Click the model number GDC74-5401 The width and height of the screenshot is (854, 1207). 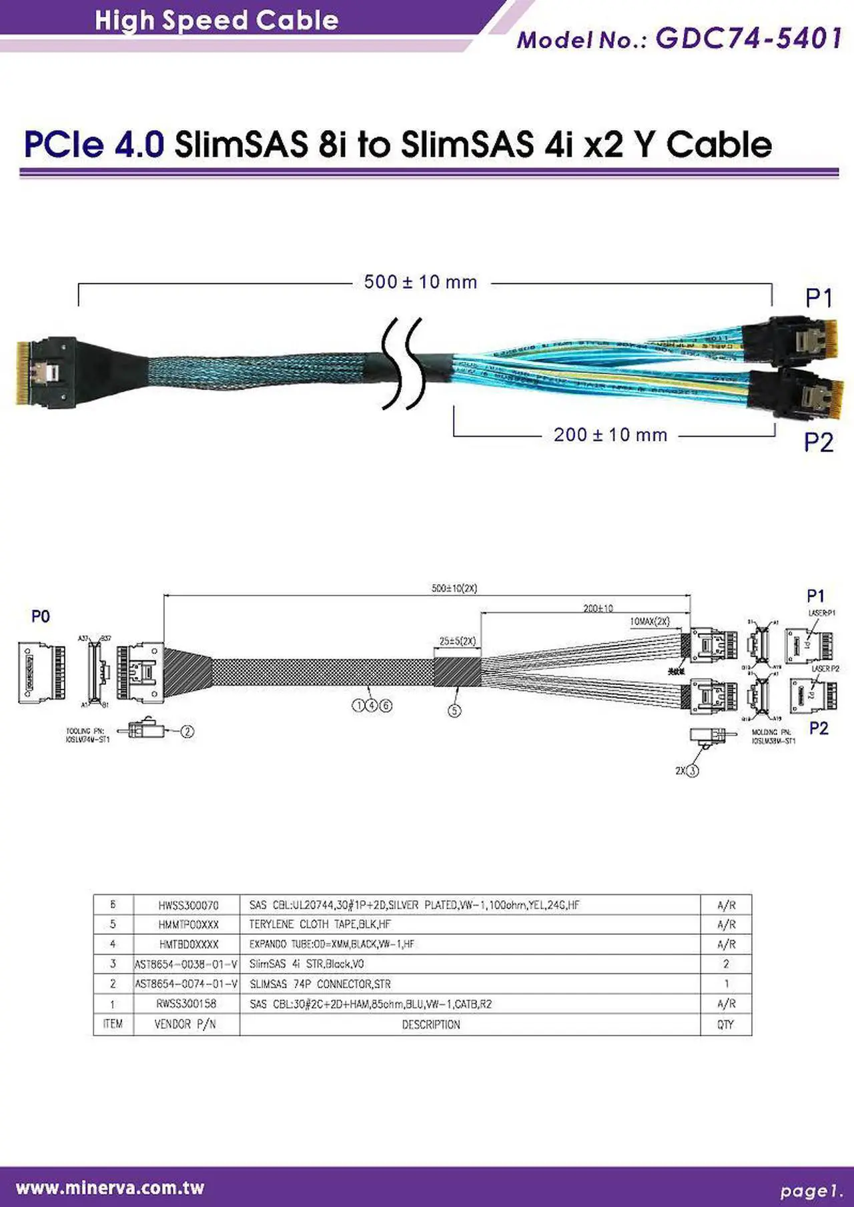749,39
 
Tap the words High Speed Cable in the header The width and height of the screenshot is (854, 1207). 216,20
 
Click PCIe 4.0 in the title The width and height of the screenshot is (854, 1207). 94,144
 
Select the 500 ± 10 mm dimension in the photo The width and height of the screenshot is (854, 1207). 420,282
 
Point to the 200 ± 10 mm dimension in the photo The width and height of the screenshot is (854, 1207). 610,435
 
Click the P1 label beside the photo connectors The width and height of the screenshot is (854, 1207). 819,298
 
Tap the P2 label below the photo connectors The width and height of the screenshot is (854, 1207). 819,442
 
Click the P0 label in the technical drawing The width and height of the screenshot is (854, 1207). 41,616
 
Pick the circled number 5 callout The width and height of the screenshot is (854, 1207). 454,711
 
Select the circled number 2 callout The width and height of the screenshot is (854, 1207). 187,732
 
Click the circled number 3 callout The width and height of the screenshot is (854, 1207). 693,771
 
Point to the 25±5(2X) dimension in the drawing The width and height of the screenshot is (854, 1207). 457,642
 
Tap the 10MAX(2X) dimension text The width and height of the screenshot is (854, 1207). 650,622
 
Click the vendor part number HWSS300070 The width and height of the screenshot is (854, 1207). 188,905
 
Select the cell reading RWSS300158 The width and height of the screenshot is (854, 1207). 187,1004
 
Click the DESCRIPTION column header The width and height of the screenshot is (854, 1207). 431,1024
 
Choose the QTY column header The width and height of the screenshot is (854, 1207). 725,1024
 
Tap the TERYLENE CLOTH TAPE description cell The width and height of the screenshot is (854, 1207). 320,924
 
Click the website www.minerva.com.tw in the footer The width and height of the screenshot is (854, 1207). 110,1188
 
